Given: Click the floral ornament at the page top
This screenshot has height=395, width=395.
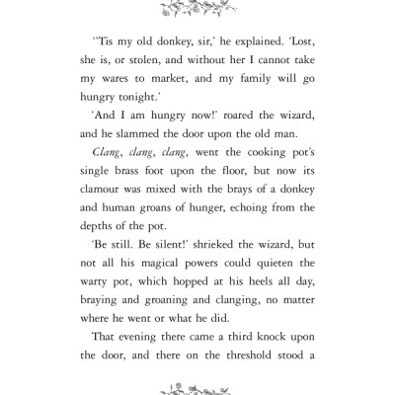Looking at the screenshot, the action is (x=197, y=10).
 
